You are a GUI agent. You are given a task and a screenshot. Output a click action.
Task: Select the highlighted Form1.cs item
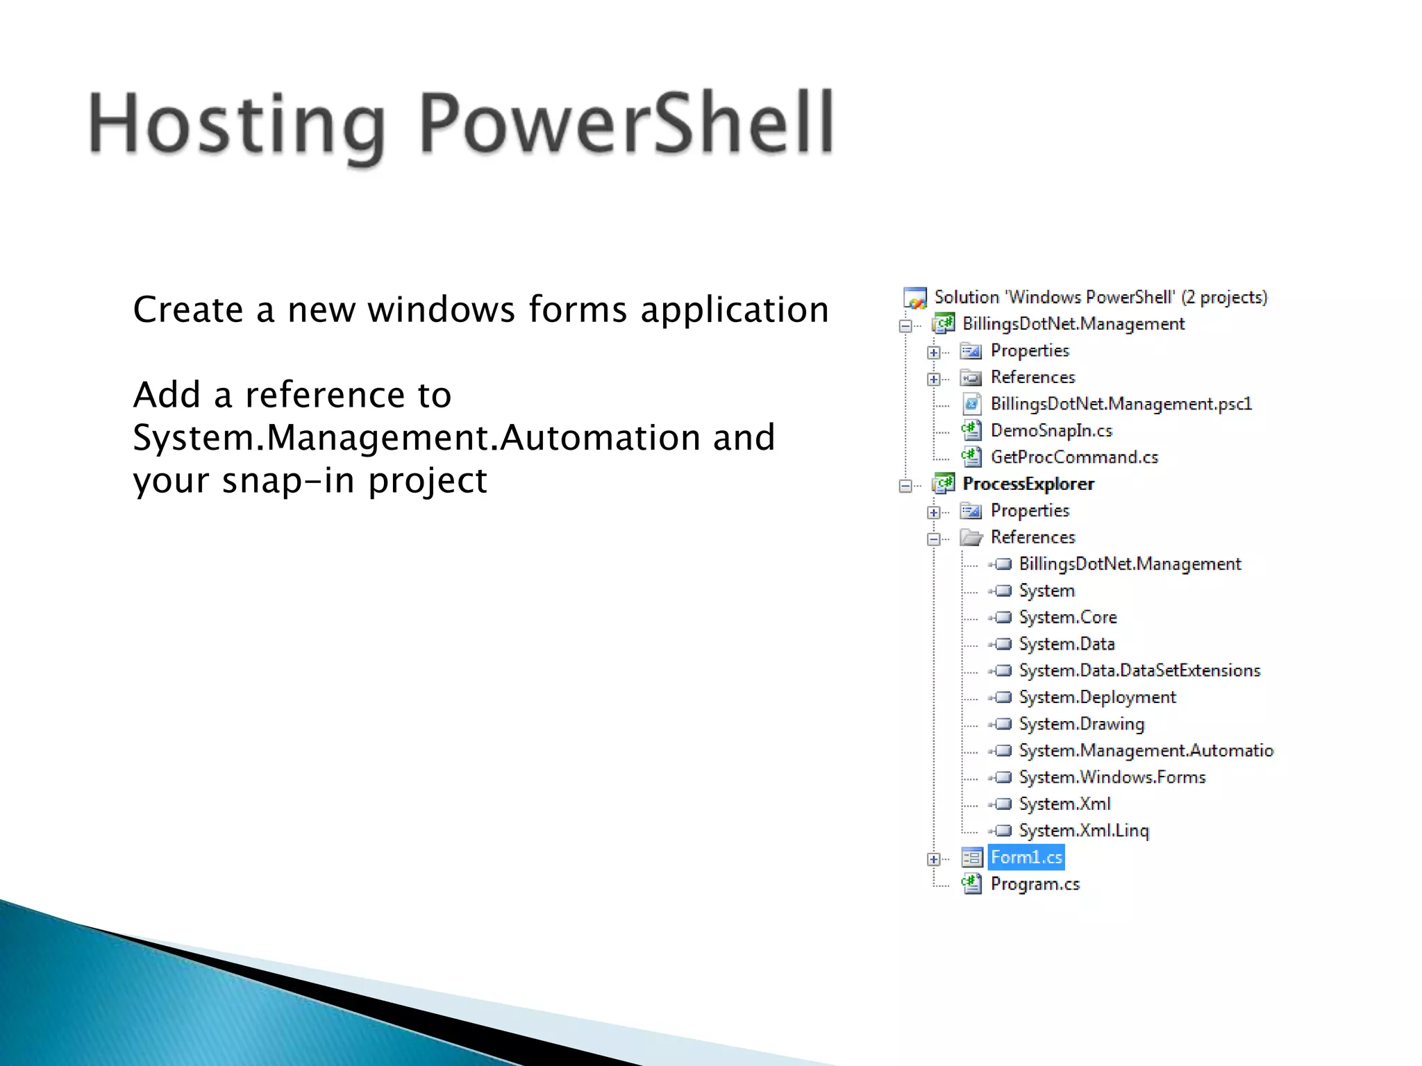point(1026,858)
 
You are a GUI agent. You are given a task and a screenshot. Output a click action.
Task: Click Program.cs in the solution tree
point(1035,884)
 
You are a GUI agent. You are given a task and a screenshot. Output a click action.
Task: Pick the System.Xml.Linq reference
point(1083,831)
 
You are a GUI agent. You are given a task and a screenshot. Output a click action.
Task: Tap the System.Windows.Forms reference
point(1112,777)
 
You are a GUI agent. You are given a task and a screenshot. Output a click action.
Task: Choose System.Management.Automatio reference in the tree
point(1146,751)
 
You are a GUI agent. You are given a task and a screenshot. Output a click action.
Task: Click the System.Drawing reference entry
point(1081,724)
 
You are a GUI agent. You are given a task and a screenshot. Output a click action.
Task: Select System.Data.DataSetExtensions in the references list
point(1139,670)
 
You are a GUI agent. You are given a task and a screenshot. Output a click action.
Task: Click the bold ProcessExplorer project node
point(1028,484)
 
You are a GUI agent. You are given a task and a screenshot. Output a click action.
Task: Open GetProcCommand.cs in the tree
point(1074,457)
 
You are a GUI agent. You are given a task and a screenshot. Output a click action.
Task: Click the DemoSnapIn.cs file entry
point(1051,431)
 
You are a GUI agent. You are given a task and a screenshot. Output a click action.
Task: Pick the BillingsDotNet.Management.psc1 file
point(1121,404)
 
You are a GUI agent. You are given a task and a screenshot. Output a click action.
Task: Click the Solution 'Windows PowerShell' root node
point(1101,297)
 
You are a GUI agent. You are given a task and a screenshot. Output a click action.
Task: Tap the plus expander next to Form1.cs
point(934,859)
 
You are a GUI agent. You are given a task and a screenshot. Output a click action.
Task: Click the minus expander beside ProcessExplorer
point(905,486)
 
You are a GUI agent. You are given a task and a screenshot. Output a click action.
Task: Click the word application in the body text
point(735,310)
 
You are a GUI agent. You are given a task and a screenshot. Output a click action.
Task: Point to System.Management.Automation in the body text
point(417,438)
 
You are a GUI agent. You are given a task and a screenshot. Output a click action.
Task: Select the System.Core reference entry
point(1067,618)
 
